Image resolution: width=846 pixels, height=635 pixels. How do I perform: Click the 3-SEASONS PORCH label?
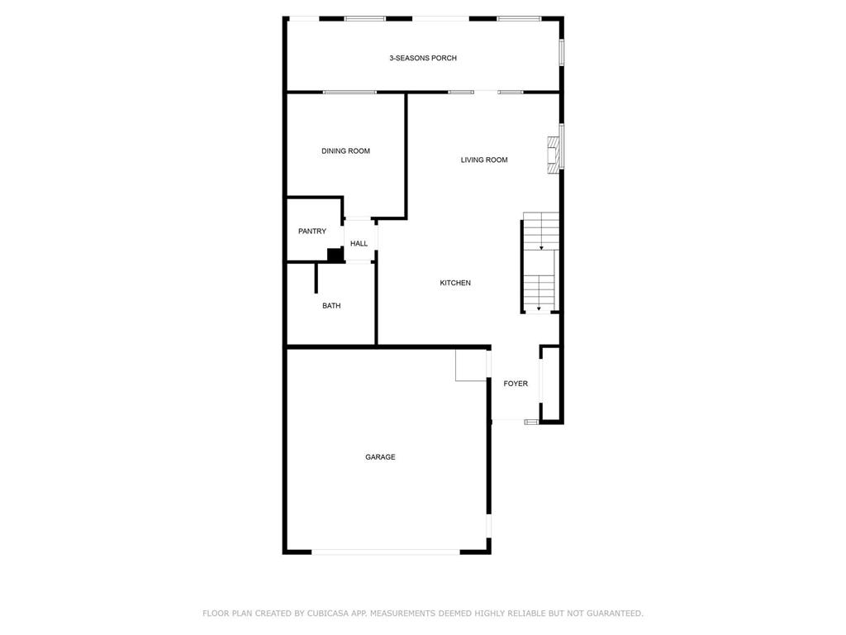coord(423,58)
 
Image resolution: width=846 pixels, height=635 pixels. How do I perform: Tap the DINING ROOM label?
coord(346,151)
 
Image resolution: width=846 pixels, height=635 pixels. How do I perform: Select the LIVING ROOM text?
coord(484,160)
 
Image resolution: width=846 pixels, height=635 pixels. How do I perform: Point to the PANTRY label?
coord(312,232)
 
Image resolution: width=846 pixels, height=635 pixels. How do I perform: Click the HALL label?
coord(359,244)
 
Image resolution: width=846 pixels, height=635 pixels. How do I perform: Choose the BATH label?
coord(331,306)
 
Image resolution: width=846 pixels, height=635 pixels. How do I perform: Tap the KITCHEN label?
coord(455,283)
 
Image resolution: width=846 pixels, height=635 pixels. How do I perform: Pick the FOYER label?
coord(516,384)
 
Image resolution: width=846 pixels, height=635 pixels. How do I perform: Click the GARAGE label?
coord(380,456)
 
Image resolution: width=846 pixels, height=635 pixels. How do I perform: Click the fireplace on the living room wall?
coord(553,155)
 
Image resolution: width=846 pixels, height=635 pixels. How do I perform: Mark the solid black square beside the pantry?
coord(335,255)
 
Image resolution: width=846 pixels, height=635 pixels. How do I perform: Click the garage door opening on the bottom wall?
coord(386,551)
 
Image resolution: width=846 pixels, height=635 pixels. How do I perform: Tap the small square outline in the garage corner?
coord(471,365)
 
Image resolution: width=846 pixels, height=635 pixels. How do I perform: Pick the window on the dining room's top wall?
coord(349,93)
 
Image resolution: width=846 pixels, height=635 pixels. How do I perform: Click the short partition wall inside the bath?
coord(316,278)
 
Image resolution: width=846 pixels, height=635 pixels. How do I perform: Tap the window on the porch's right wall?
coord(561,52)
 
